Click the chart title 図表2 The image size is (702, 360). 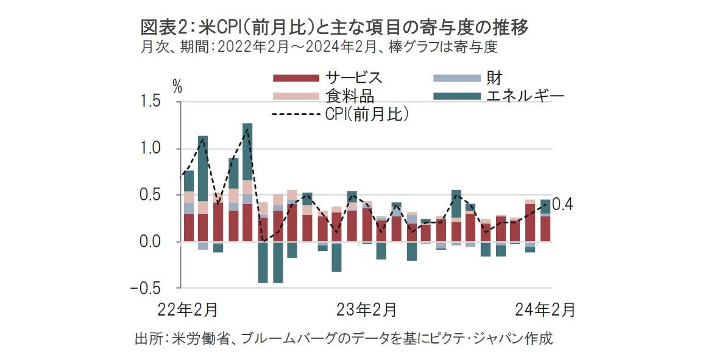coord(333,28)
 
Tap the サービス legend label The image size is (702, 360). coord(353,78)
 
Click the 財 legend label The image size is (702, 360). coord(494,78)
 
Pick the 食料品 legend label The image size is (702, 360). coord(349,96)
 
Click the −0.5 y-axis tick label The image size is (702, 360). coord(147,288)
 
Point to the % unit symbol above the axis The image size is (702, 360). coord(177,86)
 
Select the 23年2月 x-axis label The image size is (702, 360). coord(367,309)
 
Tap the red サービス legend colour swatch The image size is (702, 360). coord(296,78)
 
